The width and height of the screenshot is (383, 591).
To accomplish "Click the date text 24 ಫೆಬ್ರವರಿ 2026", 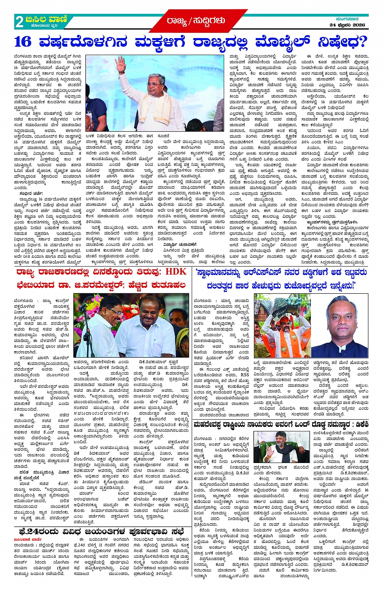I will tap(347, 25).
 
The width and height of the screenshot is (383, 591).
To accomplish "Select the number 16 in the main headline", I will tap(23, 42).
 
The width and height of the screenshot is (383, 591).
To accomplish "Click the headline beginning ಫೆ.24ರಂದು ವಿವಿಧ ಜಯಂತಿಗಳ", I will tap(100, 531).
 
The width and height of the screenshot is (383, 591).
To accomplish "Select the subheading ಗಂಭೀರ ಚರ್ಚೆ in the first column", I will tap(30, 194).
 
